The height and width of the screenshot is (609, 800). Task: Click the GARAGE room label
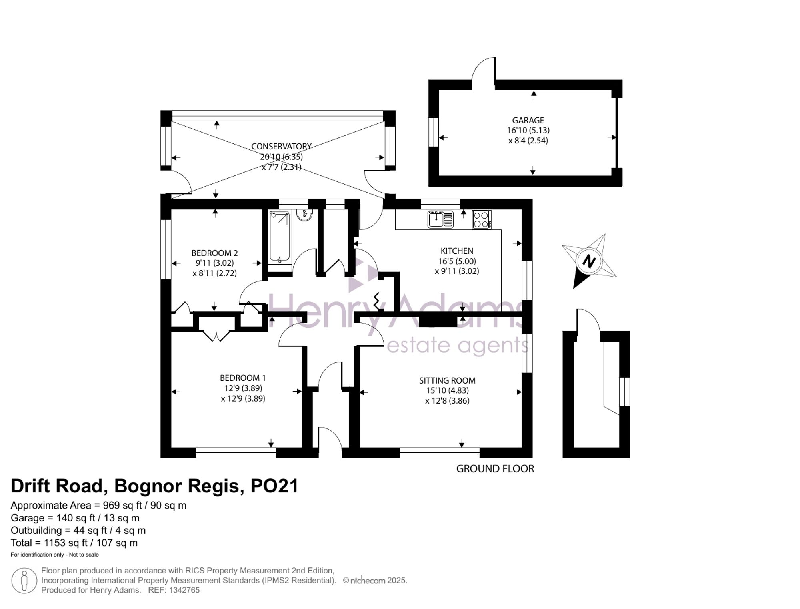[528, 120]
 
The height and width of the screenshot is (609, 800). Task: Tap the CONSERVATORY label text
[281, 147]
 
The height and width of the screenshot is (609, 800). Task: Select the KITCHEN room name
[457, 251]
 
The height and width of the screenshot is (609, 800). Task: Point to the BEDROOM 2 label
[214, 253]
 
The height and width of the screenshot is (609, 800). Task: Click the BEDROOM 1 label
[243, 378]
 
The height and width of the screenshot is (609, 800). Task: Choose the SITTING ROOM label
[447, 380]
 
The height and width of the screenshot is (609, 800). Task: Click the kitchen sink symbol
[440, 219]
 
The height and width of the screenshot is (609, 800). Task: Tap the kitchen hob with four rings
[482, 219]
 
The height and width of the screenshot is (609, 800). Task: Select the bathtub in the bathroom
[280, 237]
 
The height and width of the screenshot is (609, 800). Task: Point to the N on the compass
[589, 261]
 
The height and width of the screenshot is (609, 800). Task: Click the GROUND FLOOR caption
[495, 469]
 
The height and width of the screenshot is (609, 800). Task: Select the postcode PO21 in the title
[274, 486]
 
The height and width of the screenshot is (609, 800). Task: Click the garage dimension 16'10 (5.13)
[528, 130]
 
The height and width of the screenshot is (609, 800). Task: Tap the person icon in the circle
[24, 581]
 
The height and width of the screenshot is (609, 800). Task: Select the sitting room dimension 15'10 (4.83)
[447, 390]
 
